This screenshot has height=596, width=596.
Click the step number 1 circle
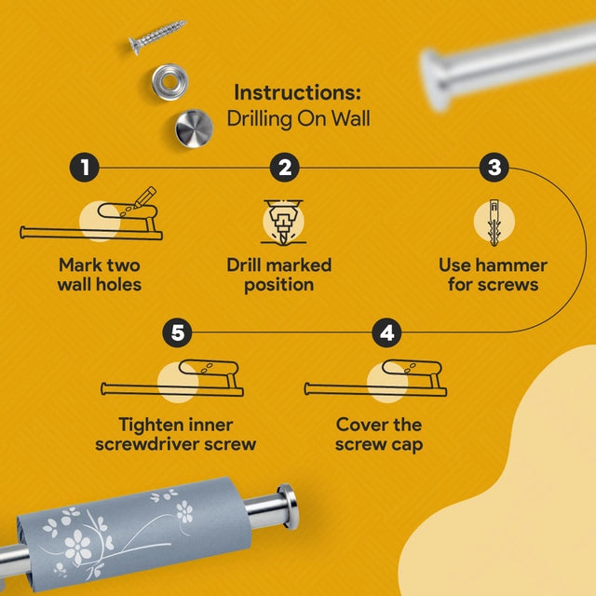tap(85, 168)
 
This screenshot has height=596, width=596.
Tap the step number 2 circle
tap(285, 168)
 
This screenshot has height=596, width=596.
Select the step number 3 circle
tap(494, 168)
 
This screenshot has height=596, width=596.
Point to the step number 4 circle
tap(386, 332)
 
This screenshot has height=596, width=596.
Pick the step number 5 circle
tap(177, 332)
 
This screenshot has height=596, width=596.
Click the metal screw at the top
tap(157, 36)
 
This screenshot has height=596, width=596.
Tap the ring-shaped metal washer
tap(169, 82)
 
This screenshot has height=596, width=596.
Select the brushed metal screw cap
tap(195, 129)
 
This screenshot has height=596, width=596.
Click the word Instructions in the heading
tap(297, 92)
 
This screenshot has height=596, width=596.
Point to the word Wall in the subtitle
tap(351, 118)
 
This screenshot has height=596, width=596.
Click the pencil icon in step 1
tap(144, 196)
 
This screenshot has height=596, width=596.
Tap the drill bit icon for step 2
tap(283, 222)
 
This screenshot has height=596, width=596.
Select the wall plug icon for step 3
tap(494, 223)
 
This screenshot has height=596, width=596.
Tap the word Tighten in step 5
tap(146, 426)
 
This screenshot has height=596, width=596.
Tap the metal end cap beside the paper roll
tap(288, 507)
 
